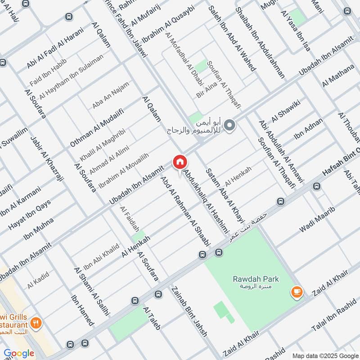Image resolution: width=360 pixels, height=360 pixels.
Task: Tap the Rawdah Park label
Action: point(256,279)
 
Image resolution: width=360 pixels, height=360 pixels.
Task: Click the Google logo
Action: point(19,353)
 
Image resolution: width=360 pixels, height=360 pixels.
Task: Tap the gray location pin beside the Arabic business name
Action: point(229,125)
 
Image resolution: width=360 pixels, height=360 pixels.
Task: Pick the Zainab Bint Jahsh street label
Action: point(189,311)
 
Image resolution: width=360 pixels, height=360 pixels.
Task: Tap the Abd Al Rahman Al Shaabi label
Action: point(185,211)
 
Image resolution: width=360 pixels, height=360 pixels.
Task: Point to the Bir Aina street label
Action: point(207,89)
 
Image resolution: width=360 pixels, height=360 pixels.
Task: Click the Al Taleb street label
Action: point(152,318)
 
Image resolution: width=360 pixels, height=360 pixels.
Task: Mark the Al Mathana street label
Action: point(338,75)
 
